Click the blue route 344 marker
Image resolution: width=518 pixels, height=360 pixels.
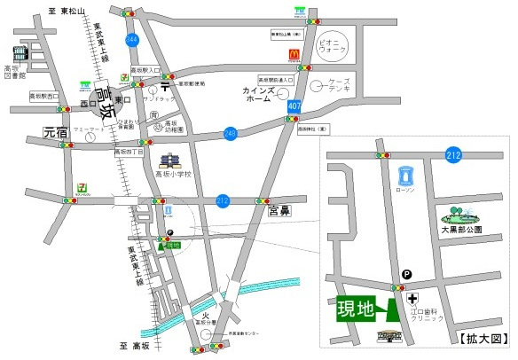pyautogui.click(x=133, y=41)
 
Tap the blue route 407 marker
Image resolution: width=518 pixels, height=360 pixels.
pyautogui.click(x=294, y=106)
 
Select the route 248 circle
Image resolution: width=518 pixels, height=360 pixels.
pyautogui.click(x=230, y=133)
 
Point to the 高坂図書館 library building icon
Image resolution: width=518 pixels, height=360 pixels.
pyautogui.click(x=19, y=54)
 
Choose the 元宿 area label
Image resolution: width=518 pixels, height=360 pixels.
pyautogui.click(x=55, y=133)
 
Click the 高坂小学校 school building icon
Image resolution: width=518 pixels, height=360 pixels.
pyautogui.click(x=169, y=162)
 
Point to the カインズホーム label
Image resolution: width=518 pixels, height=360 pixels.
pyautogui.click(x=263, y=95)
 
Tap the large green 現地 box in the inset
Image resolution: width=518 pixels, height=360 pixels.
pyautogui.click(x=355, y=309)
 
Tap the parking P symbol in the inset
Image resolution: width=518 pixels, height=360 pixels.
pyautogui.click(x=406, y=275)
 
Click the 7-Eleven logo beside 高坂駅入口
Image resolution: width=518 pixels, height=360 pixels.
pyautogui.click(x=137, y=78)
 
